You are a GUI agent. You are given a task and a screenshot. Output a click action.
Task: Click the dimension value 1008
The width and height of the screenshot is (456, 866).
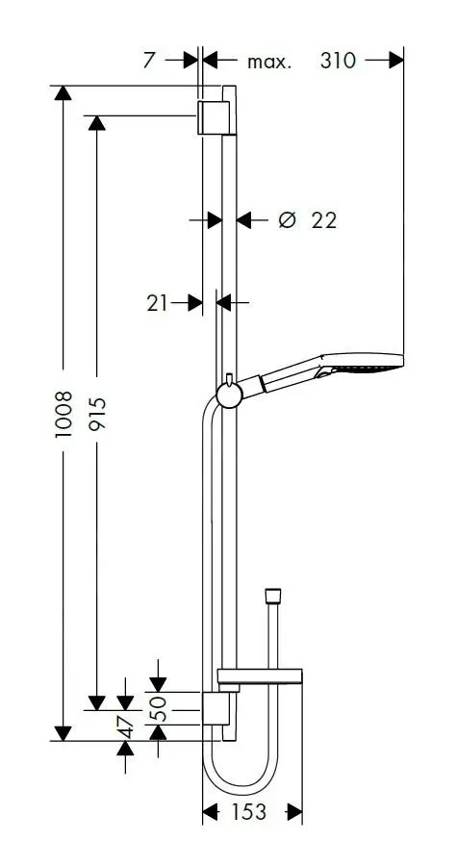pos(63,414)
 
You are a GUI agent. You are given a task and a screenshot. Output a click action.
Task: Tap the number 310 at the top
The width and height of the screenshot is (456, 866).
pos(338,61)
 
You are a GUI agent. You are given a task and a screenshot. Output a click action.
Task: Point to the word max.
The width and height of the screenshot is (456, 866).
pos(268,62)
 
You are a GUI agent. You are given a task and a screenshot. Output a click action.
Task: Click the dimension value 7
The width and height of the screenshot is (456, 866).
pos(149,61)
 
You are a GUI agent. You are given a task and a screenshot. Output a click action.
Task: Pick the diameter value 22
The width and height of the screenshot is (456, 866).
pos(323,220)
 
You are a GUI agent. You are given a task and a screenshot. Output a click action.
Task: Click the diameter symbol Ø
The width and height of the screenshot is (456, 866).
pos(287,220)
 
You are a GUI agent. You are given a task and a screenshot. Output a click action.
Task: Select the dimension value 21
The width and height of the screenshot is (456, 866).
pos(157,303)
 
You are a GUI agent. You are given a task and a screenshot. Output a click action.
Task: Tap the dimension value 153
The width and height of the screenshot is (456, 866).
pos(248,812)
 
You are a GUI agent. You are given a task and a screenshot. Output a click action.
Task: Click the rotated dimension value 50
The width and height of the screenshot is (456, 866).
pos(158,708)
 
